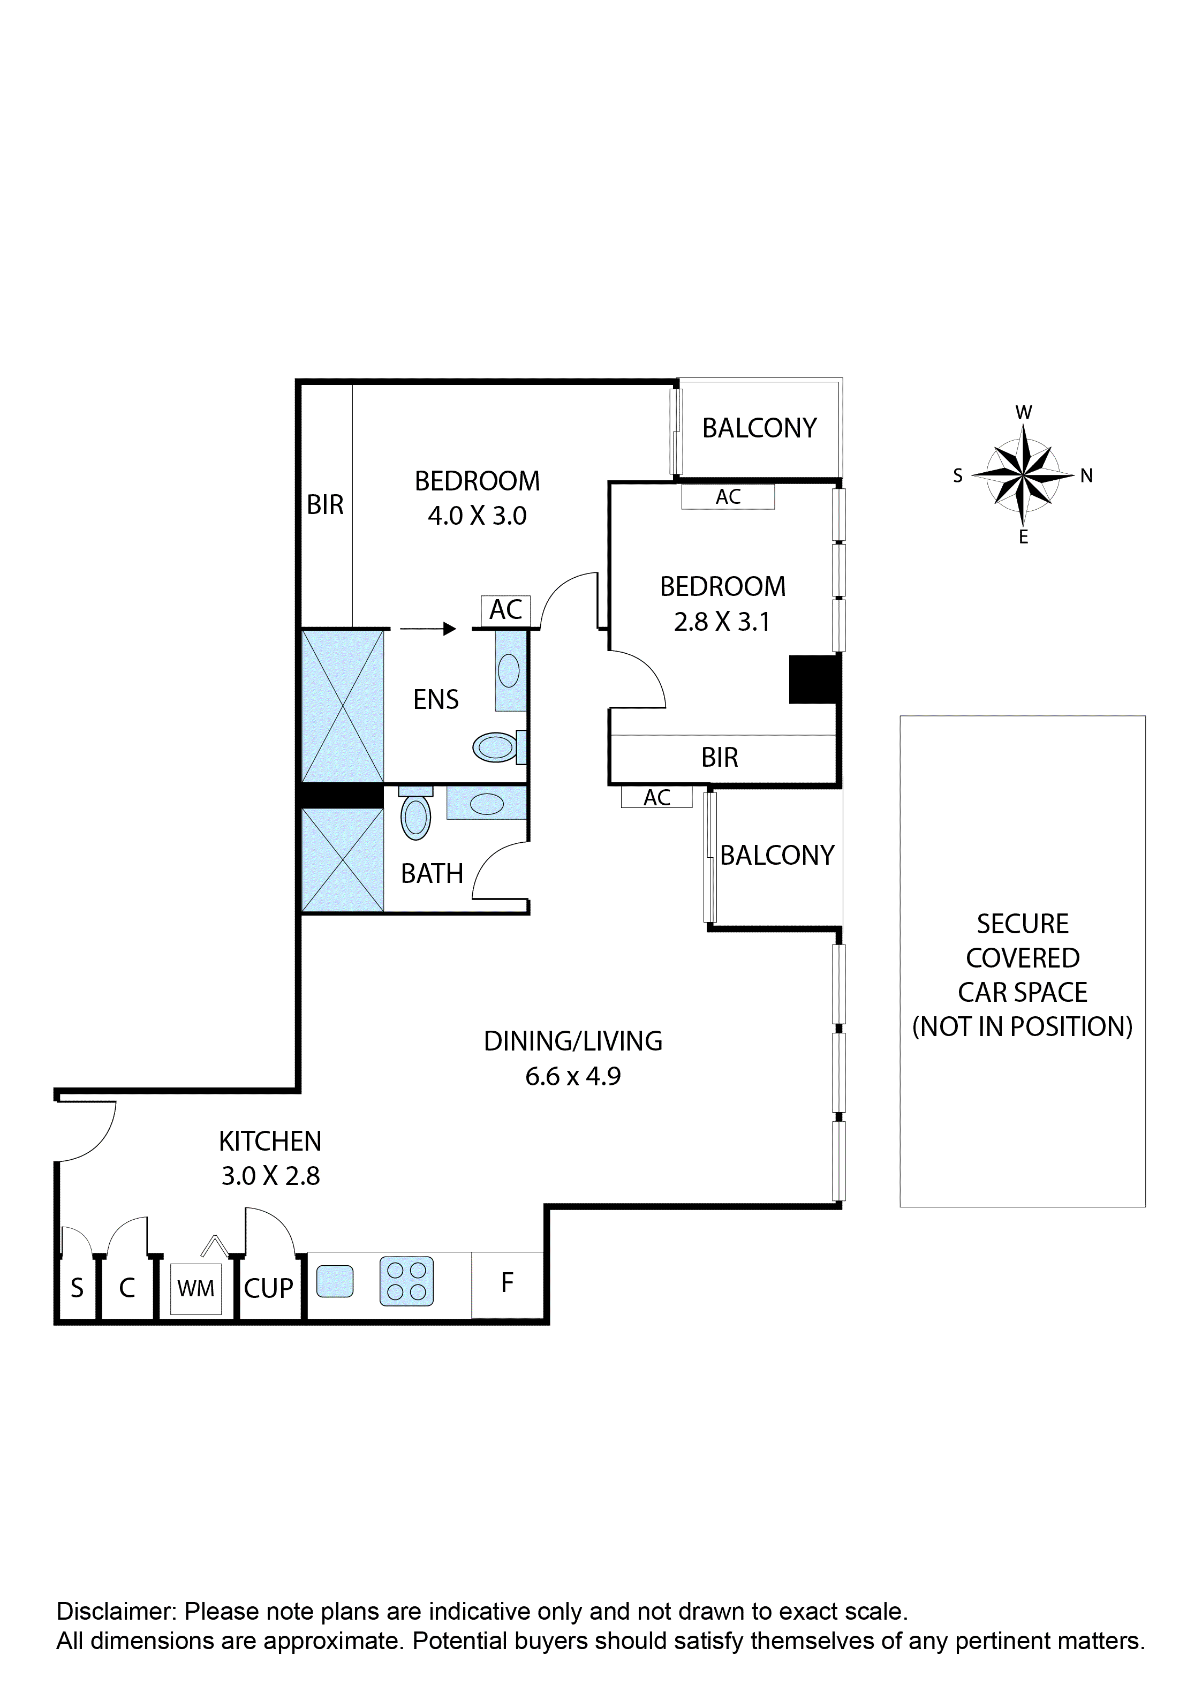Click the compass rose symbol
[x=1023, y=474]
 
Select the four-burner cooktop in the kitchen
[x=406, y=1281]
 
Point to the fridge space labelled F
[x=508, y=1283]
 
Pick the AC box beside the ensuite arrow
[x=506, y=610]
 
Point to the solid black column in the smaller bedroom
[x=813, y=679]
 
